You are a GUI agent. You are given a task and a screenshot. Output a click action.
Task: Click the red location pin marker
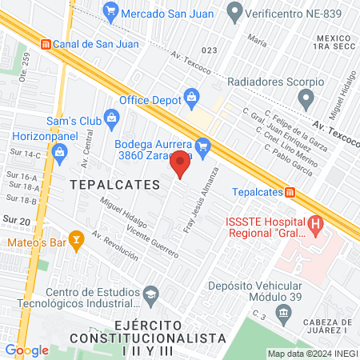tap(181, 164)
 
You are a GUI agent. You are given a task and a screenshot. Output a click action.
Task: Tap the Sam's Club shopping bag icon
tap(111, 119)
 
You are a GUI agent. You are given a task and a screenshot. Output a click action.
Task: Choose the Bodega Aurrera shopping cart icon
tap(203, 146)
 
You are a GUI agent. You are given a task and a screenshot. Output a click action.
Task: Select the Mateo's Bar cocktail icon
tap(76, 238)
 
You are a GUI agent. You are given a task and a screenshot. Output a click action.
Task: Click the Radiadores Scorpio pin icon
tap(304, 99)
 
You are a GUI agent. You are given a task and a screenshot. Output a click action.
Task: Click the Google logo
tap(26, 350)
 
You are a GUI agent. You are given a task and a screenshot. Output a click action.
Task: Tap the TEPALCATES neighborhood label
tap(115, 184)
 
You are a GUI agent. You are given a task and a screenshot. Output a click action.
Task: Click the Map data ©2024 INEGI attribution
tap(311, 354)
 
